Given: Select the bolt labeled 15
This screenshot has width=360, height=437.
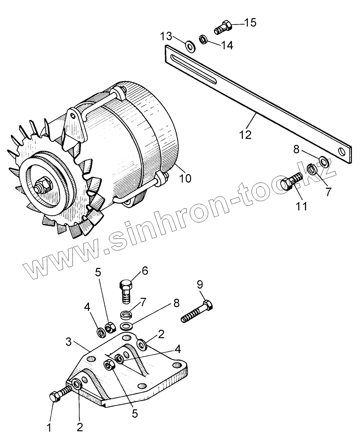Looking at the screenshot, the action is (223, 27).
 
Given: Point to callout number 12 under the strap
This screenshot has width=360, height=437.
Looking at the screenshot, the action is (246, 134).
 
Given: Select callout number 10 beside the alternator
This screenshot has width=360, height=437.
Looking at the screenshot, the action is (185, 178).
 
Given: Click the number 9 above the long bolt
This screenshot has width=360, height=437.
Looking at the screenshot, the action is (200, 285).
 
